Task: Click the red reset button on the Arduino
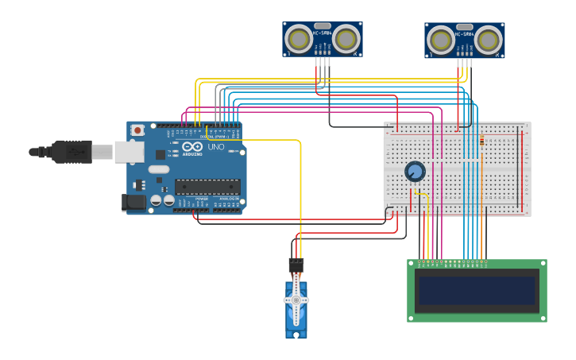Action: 137,130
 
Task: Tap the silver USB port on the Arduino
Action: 129,152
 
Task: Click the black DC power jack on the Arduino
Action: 133,203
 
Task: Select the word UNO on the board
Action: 216,147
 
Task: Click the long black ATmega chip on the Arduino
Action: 207,187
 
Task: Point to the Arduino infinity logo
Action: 192,146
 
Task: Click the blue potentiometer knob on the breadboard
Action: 415,171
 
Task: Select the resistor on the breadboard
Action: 481,141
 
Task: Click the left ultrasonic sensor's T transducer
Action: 300,38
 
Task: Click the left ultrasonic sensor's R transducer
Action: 346,38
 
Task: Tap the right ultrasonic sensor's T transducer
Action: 441,40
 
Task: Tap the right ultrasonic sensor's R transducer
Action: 488,40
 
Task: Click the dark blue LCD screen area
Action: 477,290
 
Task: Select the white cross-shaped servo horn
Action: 296,300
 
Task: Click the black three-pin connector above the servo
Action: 296,265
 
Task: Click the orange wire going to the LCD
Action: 481,230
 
